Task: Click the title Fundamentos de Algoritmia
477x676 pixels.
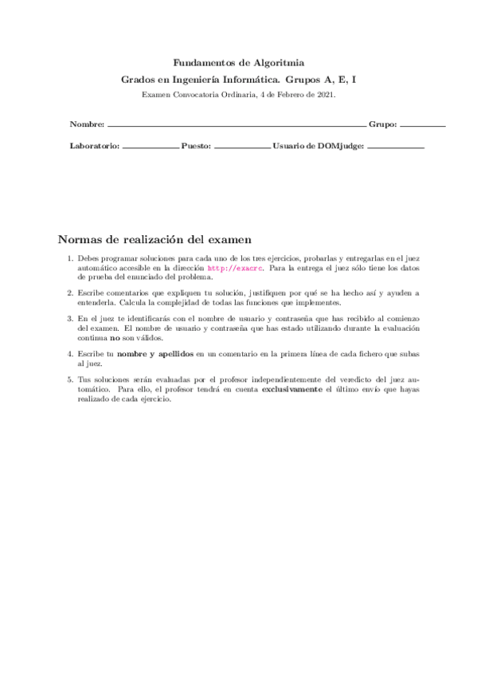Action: (238, 62)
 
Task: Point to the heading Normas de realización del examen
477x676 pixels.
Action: (155, 239)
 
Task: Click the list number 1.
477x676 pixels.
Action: (70, 259)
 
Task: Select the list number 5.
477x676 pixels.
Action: (70, 379)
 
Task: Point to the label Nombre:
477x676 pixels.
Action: (87, 126)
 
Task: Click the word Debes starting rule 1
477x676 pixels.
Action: (88, 259)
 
